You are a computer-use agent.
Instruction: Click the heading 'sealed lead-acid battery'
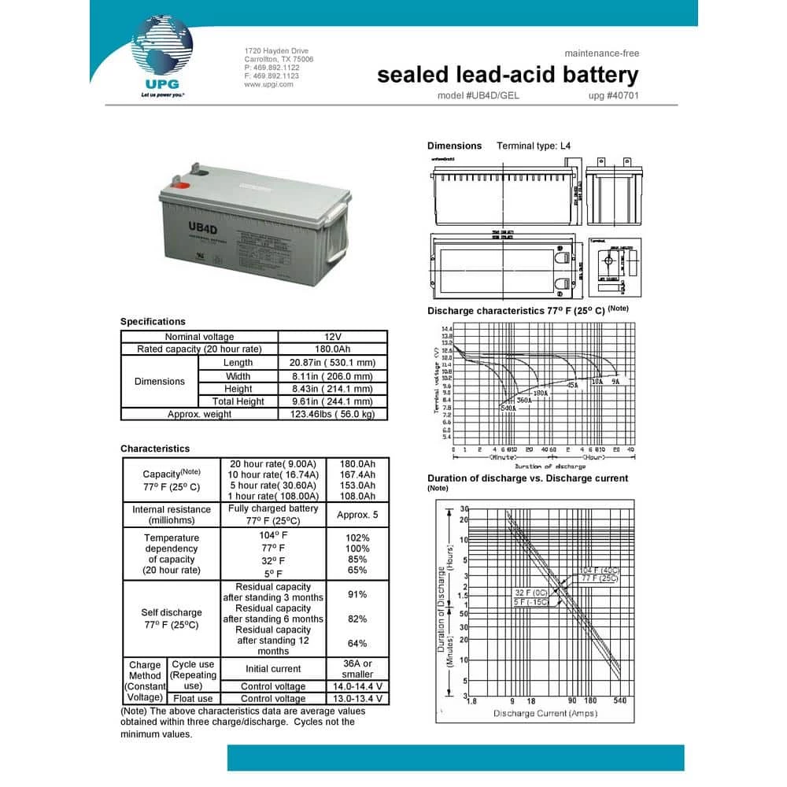[508, 75]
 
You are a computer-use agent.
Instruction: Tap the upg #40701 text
[613, 96]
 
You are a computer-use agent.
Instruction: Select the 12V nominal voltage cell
[333, 337]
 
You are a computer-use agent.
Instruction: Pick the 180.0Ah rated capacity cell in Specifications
[333, 349]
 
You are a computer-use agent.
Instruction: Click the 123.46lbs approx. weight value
[333, 415]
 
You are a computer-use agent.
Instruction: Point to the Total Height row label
[238, 401]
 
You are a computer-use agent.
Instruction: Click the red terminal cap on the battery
[180, 187]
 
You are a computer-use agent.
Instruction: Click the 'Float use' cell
[194, 699]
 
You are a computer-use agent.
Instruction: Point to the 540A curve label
[508, 408]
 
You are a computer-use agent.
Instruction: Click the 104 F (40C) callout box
[599, 570]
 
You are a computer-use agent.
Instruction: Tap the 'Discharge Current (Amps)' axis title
[545, 713]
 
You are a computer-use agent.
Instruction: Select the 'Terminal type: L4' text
[534, 146]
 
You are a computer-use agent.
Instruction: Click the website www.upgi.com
[268, 84]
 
